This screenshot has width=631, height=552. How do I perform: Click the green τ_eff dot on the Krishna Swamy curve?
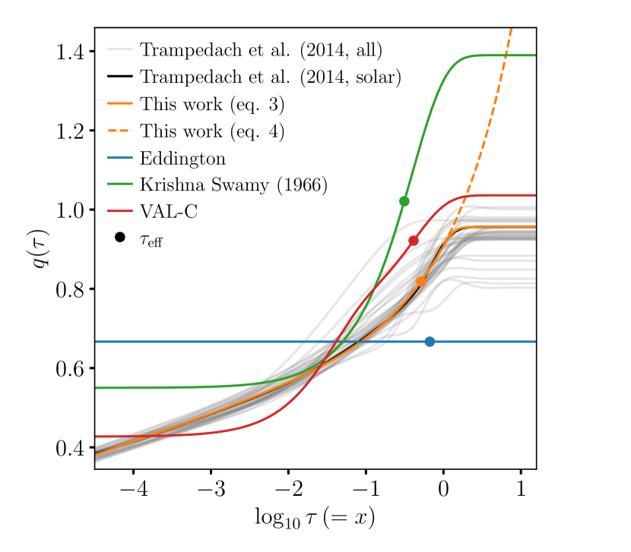point(404,201)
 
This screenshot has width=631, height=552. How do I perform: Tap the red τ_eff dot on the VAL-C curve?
point(414,241)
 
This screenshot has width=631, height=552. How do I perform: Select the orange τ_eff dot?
point(421,282)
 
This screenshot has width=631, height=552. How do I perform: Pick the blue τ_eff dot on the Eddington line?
point(430,342)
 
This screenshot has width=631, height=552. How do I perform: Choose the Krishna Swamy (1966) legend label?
point(233,185)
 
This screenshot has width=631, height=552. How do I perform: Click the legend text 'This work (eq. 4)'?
point(212,131)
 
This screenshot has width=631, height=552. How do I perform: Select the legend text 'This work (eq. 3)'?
point(212,105)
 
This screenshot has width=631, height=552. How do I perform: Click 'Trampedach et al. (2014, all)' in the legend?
point(261,51)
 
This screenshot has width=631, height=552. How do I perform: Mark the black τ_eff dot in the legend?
point(120,238)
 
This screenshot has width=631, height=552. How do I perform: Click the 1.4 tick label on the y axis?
point(71,52)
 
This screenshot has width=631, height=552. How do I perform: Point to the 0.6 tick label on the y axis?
point(71,368)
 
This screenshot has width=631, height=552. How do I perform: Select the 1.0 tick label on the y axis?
point(71,210)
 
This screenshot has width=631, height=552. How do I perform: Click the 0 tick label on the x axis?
point(443,485)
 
